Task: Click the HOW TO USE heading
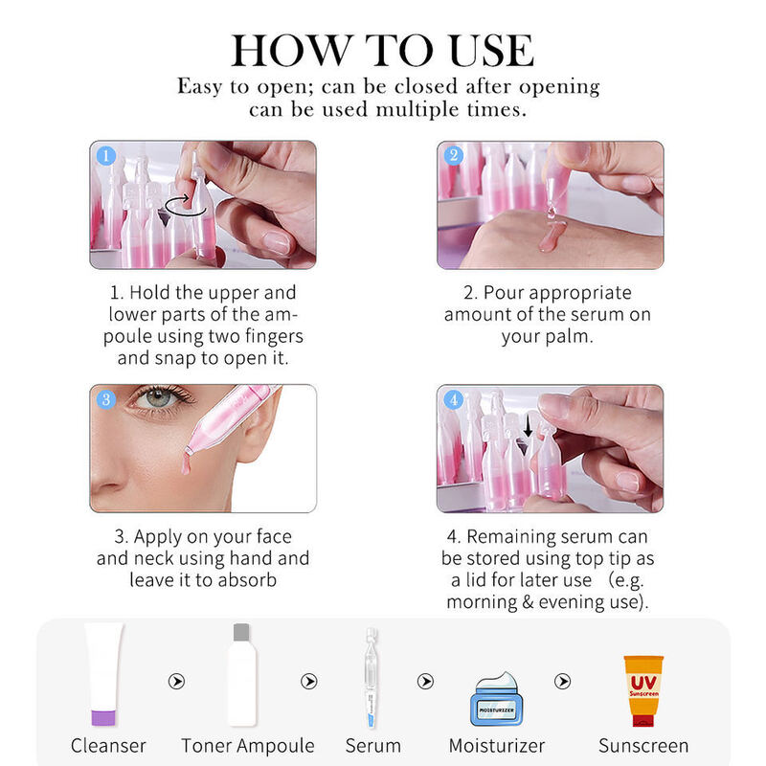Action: (383, 50)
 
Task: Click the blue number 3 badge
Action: (106, 400)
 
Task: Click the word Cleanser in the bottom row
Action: (108, 745)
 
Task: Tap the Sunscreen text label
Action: (643, 745)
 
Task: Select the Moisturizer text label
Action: (497, 745)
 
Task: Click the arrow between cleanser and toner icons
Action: (175, 682)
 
